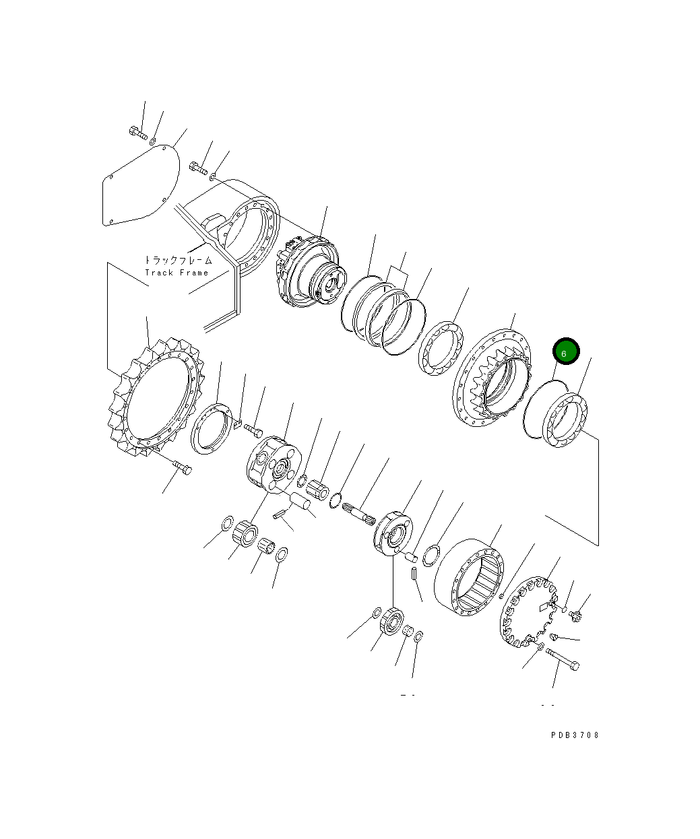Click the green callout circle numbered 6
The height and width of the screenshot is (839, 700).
566,352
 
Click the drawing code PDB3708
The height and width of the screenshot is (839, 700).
574,735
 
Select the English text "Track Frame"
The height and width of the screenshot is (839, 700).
177,273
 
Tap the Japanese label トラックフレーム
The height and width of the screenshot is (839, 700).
178,260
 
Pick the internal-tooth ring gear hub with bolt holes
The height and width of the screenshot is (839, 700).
492,380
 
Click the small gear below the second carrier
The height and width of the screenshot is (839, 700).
390,620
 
